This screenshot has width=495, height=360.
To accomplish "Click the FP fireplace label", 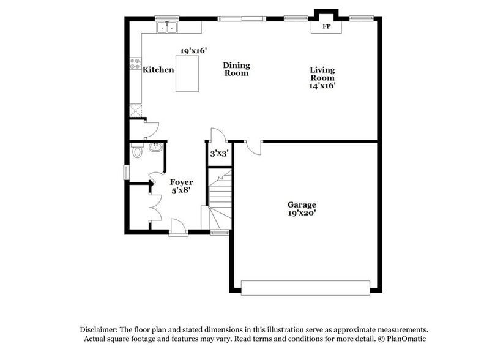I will click(x=326, y=26).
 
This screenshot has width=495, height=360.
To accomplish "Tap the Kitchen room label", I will click(x=158, y=70).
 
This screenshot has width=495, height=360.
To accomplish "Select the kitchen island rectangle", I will click(x=187, y=73).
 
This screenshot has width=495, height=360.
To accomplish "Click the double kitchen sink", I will click(x=166, y=27).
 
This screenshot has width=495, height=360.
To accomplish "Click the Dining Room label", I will click(x=236, y=69).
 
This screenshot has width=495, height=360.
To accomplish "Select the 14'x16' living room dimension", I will click(x=322, y=86).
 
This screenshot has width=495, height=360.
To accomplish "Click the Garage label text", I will click(x=302, y=204).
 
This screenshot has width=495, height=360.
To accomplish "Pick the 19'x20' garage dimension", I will click(x=302, y=213).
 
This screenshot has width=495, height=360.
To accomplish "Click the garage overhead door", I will click(x=305, y=287).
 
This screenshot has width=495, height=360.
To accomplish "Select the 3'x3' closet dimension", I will click(x=219, y=154).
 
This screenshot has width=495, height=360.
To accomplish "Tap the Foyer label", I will click(x=181, y=182).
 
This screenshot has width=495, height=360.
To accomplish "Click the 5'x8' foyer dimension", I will click(x=181, y=190).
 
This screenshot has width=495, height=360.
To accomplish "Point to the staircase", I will click(x=220, y=199).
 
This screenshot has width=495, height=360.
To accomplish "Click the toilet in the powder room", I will click(x=138, y=150).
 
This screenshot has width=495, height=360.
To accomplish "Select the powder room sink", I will click(x=155, y=146).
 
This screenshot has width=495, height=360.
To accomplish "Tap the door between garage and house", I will click(x=253, y=145).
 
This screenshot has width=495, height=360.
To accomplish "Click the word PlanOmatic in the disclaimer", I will click(x=403, y=339).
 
